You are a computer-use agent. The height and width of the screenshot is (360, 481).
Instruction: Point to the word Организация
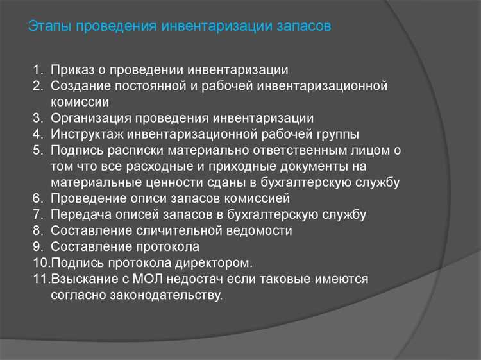[92, 118]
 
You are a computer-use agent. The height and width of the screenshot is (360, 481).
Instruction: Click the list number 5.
[37, 150]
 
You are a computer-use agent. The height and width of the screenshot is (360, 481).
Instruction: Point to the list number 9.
[37, 246]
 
